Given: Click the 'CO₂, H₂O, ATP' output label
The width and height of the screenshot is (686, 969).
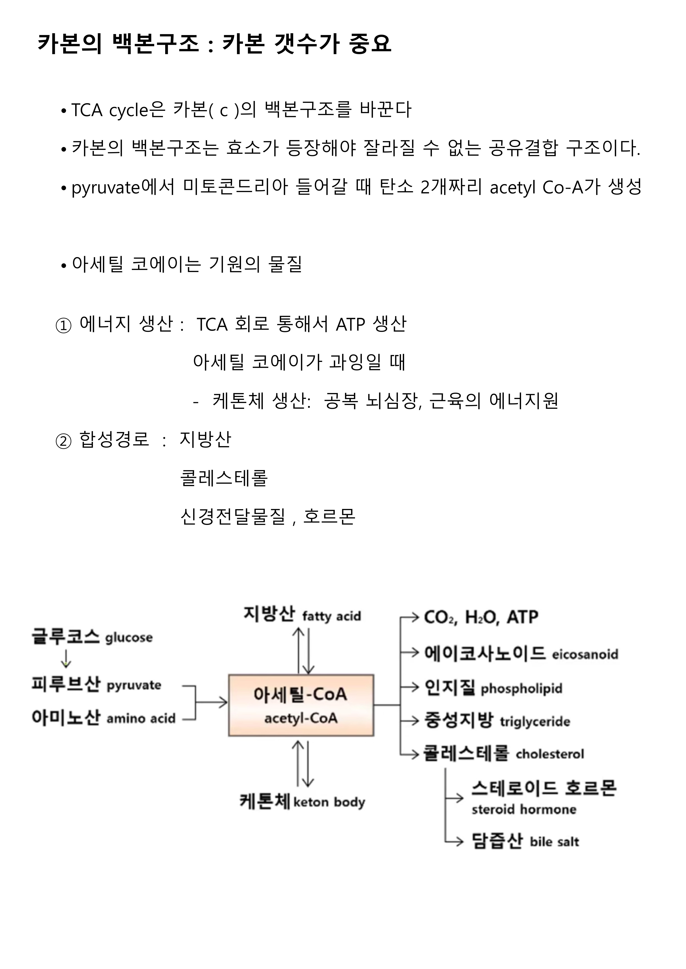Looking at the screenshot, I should (481, 617).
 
